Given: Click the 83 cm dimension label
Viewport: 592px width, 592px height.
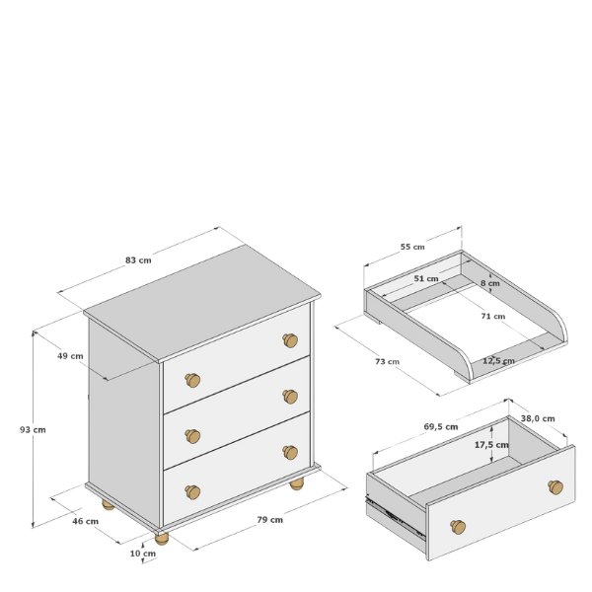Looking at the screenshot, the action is pyautogui.click(x=138, y=260).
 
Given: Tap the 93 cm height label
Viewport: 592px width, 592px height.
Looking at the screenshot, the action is pyautogui.click(x=33, y=429).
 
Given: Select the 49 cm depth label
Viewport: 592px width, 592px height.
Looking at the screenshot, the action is pyautogui.click(x=70, y=356).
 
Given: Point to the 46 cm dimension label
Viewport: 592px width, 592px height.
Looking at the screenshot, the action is pyautogui.click(x=85, y=521).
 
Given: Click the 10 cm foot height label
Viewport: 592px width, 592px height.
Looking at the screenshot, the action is pyautogui.click(x=143, y=554).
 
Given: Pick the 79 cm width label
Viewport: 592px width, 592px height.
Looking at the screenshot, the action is pyautogui.click(x=270, y=520).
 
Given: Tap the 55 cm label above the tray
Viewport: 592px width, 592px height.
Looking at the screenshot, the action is pyautogui.click(x=412, y=247).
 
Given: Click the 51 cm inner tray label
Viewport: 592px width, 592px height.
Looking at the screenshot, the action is pyautogui.click(x=426, y=278).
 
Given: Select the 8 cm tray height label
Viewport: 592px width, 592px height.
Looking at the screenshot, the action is pyautogui.click(x=490, y=283).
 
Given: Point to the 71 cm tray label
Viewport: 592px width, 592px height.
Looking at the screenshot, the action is pyautogui.click(x=493, y=316).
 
